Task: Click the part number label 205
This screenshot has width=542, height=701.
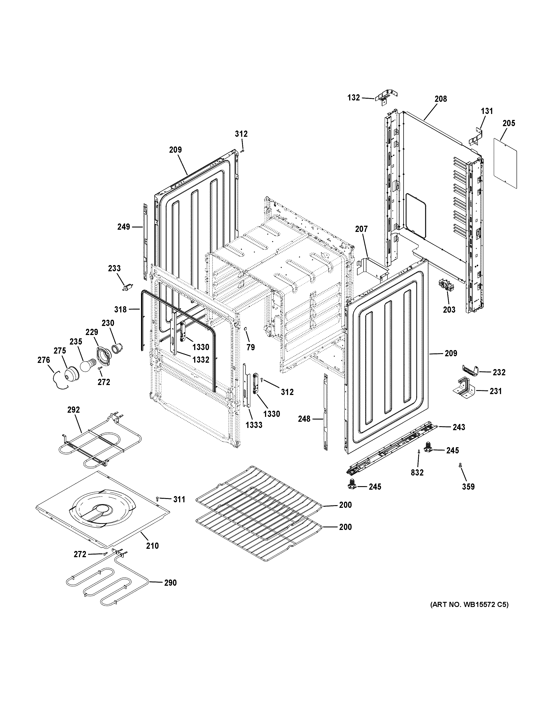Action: click(509, 123)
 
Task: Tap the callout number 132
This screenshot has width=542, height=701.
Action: click(354, 98)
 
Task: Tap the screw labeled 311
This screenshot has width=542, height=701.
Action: click(157, 499)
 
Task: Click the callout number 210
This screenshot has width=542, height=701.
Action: click(152, 546)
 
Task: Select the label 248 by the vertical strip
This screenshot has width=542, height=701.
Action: click(304, 419)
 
